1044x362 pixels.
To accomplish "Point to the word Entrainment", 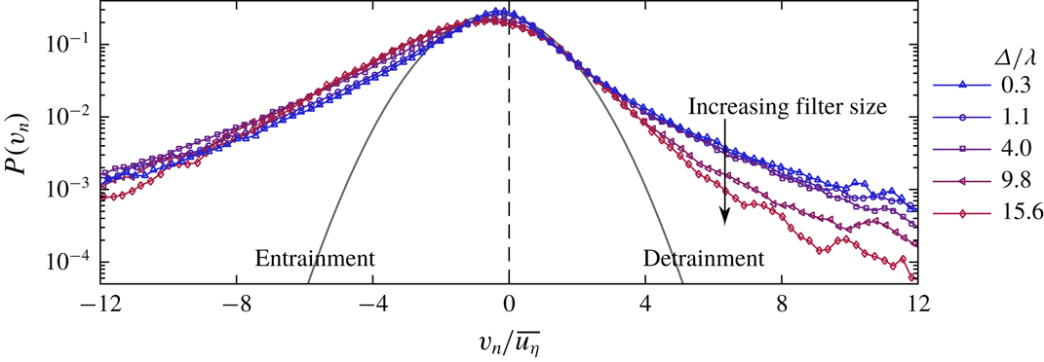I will [315, 260].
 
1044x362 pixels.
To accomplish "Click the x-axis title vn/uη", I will [508, 342].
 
